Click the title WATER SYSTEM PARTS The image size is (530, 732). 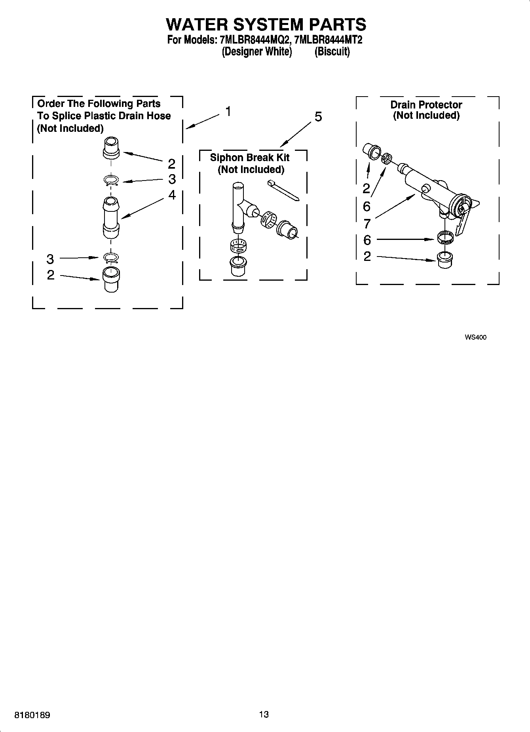point(266,25)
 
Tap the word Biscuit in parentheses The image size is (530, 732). point(332,52)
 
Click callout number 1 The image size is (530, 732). point(228,112)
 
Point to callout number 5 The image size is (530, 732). point(318,117)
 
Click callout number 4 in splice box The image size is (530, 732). point(172,195)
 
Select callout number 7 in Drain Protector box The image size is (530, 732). point(367,224)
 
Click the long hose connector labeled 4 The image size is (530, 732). point(111,218)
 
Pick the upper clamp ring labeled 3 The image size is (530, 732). point(112,181)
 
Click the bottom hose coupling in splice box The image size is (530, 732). point(111,279)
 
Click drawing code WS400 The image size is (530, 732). point(475,337)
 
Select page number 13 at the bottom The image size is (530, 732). point(264,714)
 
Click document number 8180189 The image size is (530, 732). point(32,715)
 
